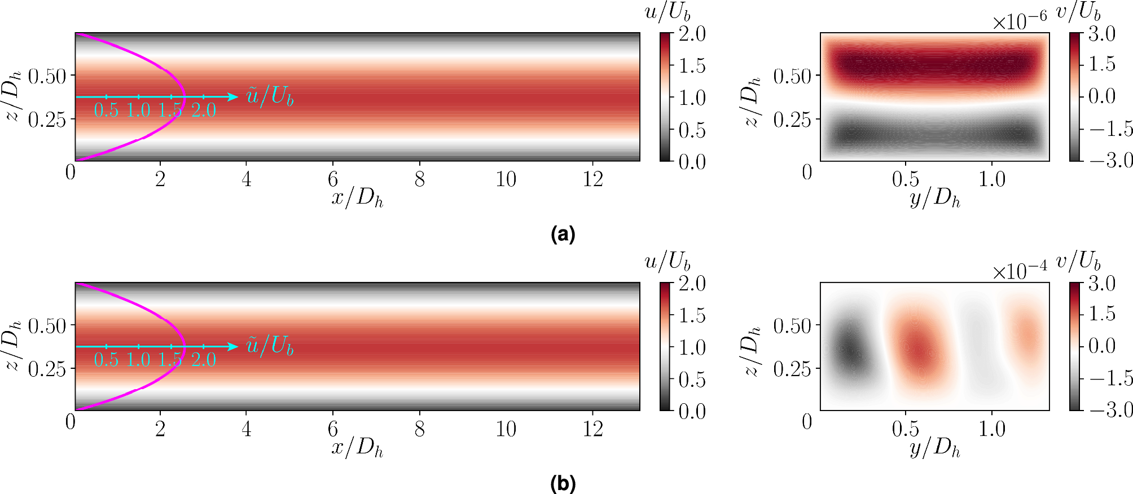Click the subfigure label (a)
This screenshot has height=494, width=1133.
click(563, 233)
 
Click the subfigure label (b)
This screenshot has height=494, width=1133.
click(563, 483)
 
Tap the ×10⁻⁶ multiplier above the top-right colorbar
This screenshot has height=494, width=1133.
click(1020, 21)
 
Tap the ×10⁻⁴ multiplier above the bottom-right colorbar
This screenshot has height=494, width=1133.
click(1020, 271)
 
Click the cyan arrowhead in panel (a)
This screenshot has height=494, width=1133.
click(233, 97)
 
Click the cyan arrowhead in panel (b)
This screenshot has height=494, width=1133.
click(233, 346)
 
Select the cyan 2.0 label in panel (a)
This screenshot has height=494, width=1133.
click(204, 110)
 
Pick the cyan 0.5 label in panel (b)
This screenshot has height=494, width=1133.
click(106, 360)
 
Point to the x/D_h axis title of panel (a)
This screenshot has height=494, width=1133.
click(357, 198)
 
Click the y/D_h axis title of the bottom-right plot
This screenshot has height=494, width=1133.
click(935, 448)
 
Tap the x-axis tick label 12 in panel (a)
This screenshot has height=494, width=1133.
click(592, 179)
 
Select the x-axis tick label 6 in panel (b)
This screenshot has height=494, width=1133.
click(333, 429)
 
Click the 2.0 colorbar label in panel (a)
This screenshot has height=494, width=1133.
click(692, 34)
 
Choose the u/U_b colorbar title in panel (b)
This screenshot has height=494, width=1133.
click(667, 262)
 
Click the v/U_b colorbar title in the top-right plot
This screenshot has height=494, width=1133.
click(1078, 11)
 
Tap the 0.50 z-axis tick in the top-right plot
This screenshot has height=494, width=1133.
click(792, 76)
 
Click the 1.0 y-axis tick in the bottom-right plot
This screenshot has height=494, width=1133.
click(992, 429)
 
